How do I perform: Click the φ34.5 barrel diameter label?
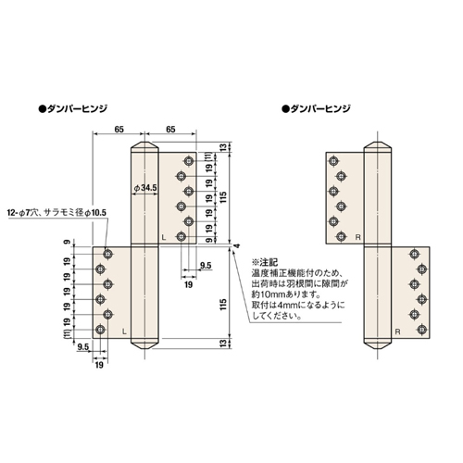145,188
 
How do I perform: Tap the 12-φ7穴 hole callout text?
23,213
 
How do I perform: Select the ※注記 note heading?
265,263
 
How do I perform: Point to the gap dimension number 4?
237,246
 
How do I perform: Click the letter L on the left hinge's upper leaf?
164,237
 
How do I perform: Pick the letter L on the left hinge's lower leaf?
124,332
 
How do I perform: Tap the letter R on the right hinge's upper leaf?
358,237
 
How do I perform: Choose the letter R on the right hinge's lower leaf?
397,332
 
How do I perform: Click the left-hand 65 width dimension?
119,129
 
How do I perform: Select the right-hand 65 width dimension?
170,129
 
